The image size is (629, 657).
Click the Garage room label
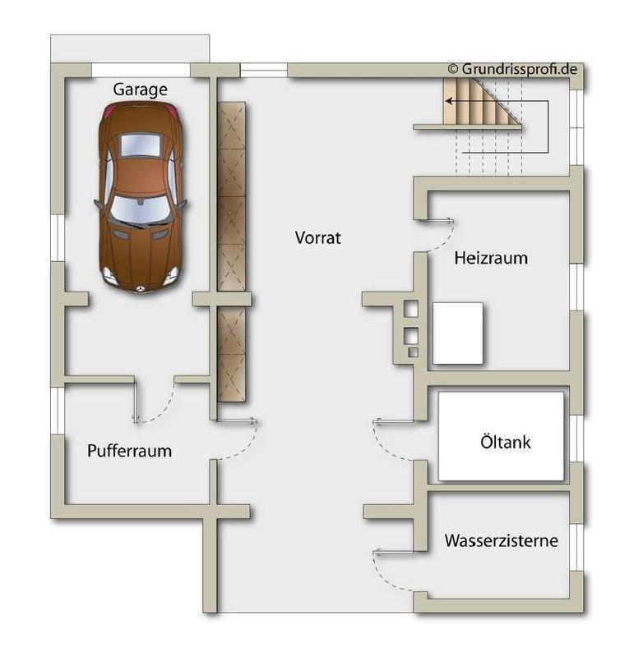(140, 90)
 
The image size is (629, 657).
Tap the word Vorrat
(317, 238)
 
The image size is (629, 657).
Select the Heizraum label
(491, 258)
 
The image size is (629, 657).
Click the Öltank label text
(505, 443)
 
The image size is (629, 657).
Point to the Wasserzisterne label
(501, 541)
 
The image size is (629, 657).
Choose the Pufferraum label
(129, 450)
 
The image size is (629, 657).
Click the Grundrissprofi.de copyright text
(511, 69)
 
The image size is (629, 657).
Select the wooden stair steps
(477, 102)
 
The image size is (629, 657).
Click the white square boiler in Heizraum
(457, 333)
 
